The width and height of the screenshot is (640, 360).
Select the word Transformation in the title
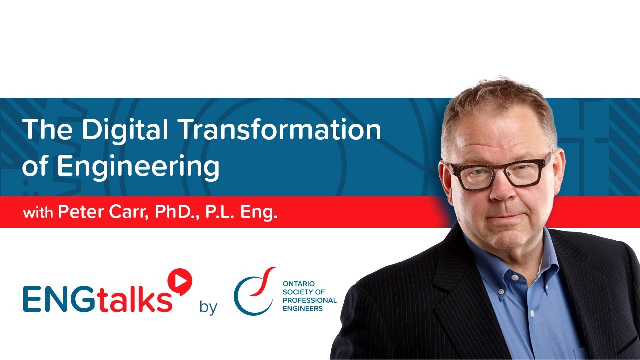280,130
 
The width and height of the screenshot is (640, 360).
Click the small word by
208,306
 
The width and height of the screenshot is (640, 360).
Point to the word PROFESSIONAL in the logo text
309,300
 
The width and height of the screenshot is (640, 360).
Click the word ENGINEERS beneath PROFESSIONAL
302,308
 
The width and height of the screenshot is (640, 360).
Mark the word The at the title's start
48,130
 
